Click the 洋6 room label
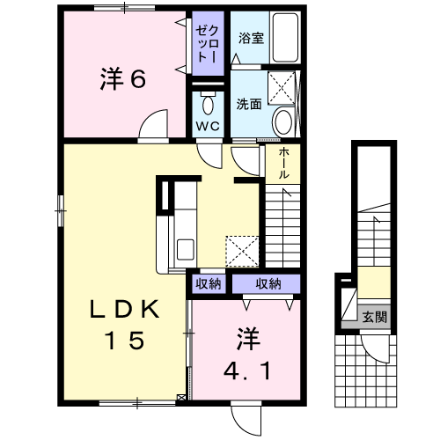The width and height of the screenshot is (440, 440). coord(123,78)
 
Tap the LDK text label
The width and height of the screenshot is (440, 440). coord(125,310)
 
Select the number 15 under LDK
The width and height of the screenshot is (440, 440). coord(126,340)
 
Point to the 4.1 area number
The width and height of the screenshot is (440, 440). coord(246,370)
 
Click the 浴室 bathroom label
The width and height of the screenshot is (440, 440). coord(251,38)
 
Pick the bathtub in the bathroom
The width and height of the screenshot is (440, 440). coord(285,37)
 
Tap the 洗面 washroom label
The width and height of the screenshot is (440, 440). coord(249,104)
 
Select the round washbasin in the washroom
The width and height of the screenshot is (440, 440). coord(283,121)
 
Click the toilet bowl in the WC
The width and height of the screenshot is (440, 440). coord(209,103)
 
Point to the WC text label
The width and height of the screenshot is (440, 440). coord(208,126)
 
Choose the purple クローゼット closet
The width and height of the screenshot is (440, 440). coord(209,43)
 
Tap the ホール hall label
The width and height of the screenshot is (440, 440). coord(283,163)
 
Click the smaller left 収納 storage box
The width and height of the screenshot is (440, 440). coord(209,284)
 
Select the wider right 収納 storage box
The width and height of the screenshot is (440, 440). coord(267,284)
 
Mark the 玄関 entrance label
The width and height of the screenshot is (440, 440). coord(375,318)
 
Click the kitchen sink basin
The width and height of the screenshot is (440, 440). coord(186,250)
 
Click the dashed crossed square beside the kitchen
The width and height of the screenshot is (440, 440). coord(242,252)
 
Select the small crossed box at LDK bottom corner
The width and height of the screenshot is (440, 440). coord(181,398)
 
